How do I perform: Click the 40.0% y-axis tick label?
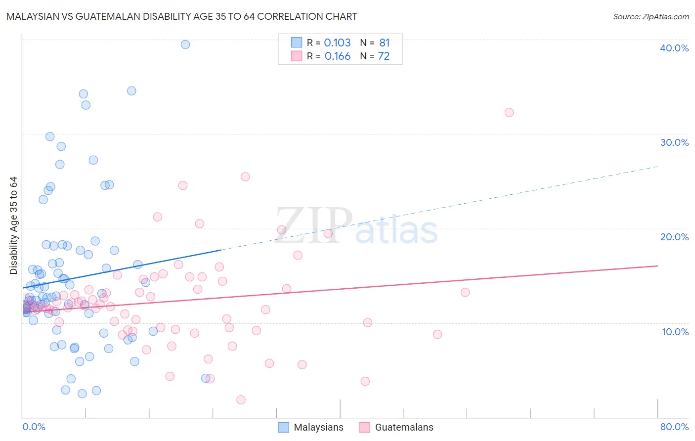(674, 48)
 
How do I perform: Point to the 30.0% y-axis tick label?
(674, 142)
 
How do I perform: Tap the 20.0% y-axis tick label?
(674, 237)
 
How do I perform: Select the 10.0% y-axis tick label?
(675, 332)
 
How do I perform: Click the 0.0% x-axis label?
(34, 427)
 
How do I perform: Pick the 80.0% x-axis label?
(674, 427)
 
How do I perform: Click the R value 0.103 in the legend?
(337, 43)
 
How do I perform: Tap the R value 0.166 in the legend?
(337, 56)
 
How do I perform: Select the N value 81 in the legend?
(385, 43)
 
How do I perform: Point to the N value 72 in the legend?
(384, 56)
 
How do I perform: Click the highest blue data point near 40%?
(185, 44)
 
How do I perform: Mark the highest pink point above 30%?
(509, 112)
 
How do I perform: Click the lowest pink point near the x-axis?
(241, 399)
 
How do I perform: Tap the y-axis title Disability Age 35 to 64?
(13, 225)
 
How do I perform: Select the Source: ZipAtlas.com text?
(651, 17)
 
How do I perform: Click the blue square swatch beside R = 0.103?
(296, 43)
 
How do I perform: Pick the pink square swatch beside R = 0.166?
(296, 56)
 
